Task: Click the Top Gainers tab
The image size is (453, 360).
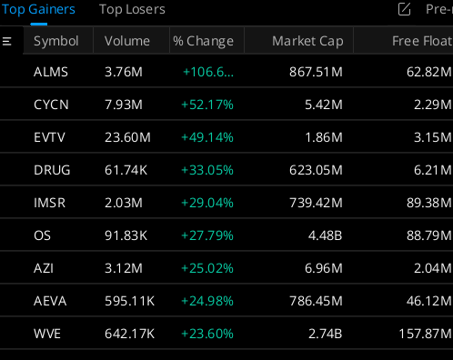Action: coord(38,10)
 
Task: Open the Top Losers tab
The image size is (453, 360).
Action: coord(132,10)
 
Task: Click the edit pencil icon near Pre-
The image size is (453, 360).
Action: coord(405,10)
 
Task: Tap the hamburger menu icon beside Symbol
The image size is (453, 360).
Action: coord(8,41)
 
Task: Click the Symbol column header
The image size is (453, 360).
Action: coord(56,41)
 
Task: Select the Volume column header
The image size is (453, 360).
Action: coord(127,41)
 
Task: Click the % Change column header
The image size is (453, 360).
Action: coord(204,41)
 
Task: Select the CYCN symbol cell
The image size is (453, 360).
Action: coord(50,105)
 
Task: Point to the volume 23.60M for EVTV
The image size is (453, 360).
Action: coord(126,137)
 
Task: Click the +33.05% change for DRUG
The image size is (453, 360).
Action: coord(207,170)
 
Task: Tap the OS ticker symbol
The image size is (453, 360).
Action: coord(42,235)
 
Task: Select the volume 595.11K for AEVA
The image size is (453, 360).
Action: coord(131,301)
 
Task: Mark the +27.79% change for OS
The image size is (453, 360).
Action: coord(207,235)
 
